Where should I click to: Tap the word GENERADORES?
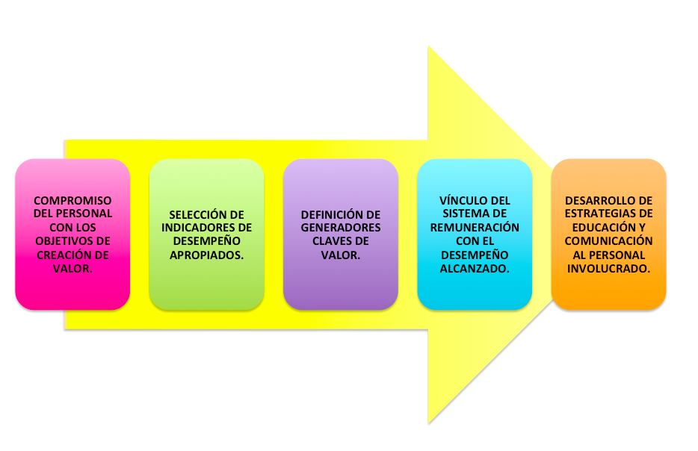coord(341,228)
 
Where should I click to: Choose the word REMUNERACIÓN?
coord(475,228)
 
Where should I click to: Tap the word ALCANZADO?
coord(475,269)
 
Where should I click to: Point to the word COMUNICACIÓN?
coord(608,241)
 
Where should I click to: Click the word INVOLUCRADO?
coord(608,269)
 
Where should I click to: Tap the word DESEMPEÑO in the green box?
coord(206,241)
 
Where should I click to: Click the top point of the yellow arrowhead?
coord(429,47)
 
